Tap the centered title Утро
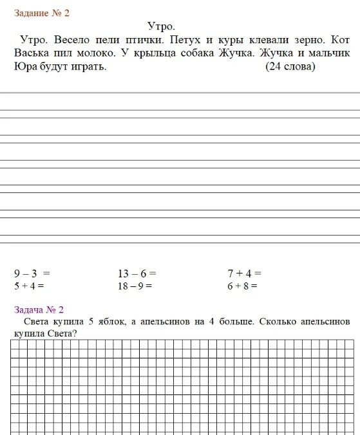click(161, 26)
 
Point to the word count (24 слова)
click(290, 67)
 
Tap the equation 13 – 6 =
click(137, 273)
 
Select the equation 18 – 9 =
click(135, 286)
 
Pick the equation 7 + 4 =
click(244, 273)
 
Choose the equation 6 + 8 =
click(242, 286)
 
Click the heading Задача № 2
click(39, 310)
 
